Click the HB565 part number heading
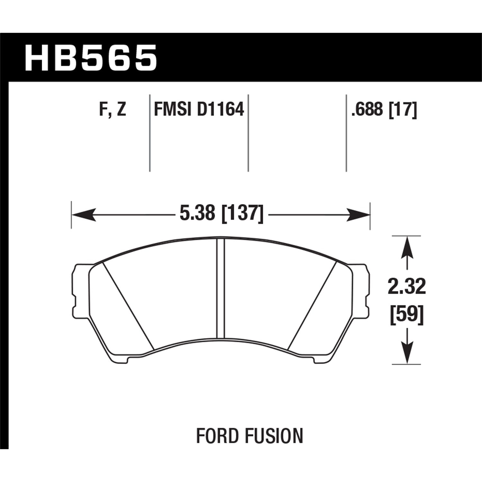point(91,58)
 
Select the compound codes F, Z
point(112,110)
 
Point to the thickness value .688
point(368,110)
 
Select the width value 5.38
point(197,213)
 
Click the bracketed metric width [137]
point(243,213)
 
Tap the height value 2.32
point(406,287)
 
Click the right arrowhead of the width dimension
point(359,214)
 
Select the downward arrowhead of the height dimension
point(407,353)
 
